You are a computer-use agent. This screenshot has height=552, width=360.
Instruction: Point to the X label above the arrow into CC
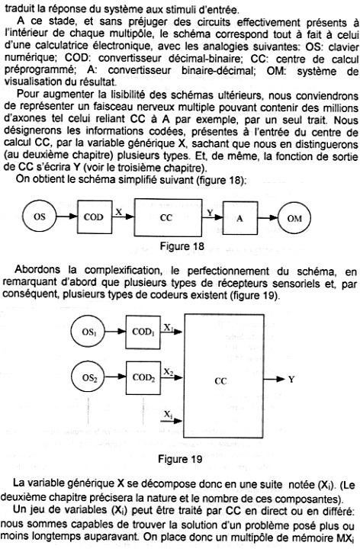[x=119, y=212]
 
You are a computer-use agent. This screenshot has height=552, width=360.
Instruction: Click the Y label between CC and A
[x=210, y=213]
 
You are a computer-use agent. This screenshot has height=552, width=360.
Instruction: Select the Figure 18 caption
[x=182, y=246]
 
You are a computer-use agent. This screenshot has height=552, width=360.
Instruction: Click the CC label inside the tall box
[x=221, y=381]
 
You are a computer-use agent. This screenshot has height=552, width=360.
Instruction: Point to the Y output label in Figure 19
[x=291, y=379]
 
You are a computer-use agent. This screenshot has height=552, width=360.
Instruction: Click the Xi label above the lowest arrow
[x=168, y=415]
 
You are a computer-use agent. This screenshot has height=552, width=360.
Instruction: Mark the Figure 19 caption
[x=180, y=459]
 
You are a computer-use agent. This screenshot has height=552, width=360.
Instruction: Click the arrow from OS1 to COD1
[x=115, y=331]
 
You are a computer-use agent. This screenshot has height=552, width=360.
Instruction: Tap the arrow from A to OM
[x=268, y=218]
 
